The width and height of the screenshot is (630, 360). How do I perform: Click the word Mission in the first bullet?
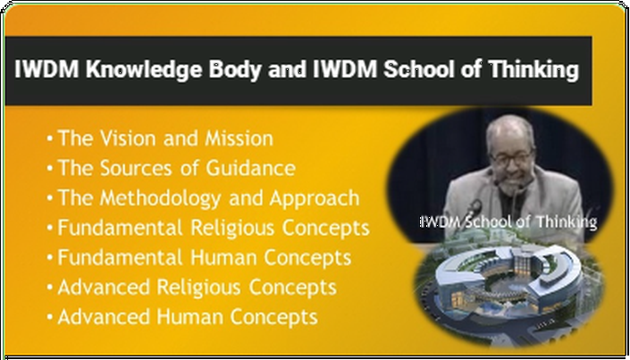tap(239, 138)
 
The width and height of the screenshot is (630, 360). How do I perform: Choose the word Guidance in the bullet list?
tap(251, 168)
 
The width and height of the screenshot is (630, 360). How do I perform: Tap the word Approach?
tap(315, 198)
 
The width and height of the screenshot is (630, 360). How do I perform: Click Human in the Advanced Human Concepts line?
tap(190, 317)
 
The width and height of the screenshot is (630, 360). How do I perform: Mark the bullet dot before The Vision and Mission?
tap(49, 139)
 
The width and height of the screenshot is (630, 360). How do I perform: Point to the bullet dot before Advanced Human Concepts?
tap(49, 317)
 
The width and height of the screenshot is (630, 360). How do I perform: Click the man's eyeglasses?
tap(511, 159)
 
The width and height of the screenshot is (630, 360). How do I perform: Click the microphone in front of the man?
tap(475, 207)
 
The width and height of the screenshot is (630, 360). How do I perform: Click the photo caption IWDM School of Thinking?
tap(508, 222)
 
